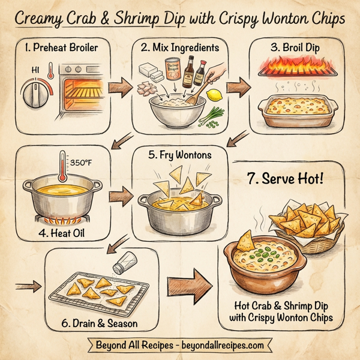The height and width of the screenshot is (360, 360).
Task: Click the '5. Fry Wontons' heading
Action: pos(179,155)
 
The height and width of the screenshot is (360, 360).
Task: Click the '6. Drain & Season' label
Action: pos(99,323)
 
